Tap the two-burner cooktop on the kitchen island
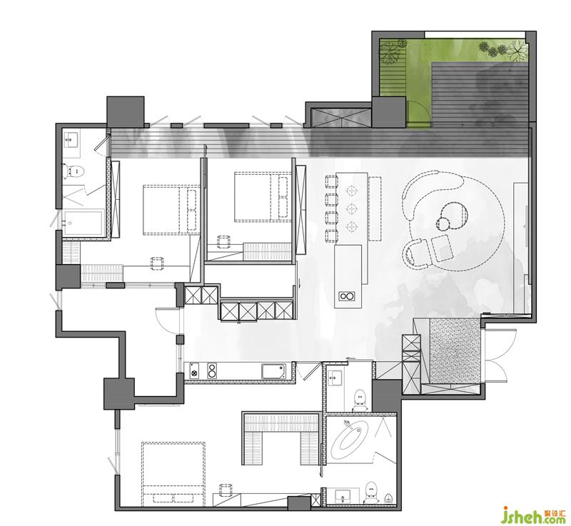[347, 296]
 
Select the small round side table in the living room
[443, 223]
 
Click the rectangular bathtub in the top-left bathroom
[82, 223]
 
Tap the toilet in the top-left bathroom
[74, 171]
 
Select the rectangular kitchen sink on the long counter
[273, 371]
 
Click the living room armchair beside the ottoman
[417, 253]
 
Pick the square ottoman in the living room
[443, 248]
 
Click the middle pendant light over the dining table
[351, 208]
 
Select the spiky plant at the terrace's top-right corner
[517, 49]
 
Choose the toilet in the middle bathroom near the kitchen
[360, 400]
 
